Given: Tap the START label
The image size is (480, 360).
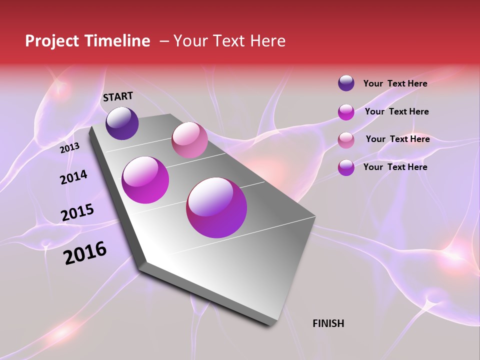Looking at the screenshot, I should (118, 96).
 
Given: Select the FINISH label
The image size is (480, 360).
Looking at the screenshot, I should (328, 323).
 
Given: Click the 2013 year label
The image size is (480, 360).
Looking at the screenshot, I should (69, 147).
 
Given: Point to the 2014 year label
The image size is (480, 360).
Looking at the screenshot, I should (73, 177).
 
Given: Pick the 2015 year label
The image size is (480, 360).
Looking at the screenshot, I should (77, 212).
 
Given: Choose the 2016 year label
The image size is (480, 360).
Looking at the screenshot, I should (85, 252).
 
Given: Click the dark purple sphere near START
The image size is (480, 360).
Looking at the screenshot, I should (122, 123).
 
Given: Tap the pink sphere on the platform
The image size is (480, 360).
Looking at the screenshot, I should (189, 139).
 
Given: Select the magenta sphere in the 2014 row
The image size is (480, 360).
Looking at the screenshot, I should (145, 179).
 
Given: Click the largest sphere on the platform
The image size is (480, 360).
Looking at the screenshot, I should (216, 207).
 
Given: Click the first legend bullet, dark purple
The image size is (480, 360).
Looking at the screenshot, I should (346, 83).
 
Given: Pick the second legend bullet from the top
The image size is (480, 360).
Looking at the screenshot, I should (346, 112).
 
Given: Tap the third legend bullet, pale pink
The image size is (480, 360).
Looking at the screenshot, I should (346, 139).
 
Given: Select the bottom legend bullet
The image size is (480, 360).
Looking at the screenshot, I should (346, 167).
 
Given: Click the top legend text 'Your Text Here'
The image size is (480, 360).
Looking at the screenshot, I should (395, 83).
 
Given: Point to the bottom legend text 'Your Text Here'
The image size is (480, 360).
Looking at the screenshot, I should (395, 167).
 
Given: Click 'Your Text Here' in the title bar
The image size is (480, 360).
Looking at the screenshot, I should (229, 41).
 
